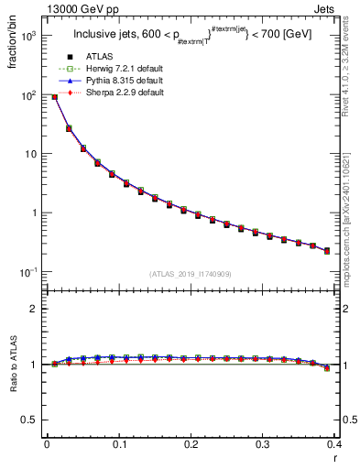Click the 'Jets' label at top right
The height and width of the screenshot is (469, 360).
323,8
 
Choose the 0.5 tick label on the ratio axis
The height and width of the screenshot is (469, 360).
30,420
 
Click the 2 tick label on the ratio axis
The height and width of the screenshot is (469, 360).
34,309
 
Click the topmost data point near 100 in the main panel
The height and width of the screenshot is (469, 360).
55,96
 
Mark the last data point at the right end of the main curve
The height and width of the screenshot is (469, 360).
327,250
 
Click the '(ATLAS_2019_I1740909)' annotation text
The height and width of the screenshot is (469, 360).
191,274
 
